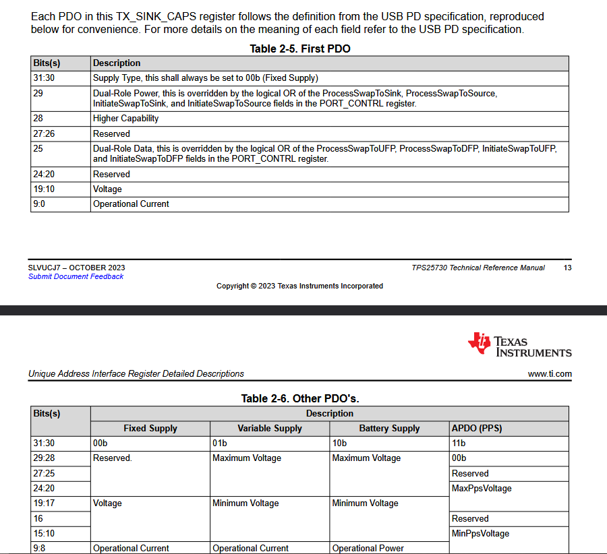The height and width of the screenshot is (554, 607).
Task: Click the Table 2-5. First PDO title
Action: (x=300, y=49)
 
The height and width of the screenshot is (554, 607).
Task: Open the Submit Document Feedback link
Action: (x=76, y=276)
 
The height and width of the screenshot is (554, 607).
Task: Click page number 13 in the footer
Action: (x=567, y=268)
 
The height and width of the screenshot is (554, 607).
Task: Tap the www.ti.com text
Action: (x=550, y=373)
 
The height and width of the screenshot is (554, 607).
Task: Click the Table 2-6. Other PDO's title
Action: (x=300, y=399)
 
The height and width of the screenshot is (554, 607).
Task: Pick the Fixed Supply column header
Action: (x=150, y=429)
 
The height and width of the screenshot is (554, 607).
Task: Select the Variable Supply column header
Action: (x=270, y=429)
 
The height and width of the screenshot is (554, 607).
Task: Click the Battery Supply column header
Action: (x=390, y=429)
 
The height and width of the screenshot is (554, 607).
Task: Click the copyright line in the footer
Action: (x=299, y=286)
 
